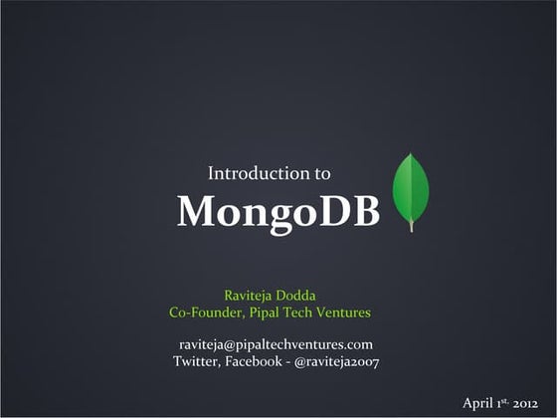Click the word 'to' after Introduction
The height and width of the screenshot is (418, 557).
tap(321, 173)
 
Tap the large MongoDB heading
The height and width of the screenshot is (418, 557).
tap(278, 211)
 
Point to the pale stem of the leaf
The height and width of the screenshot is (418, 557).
tap(411, 226)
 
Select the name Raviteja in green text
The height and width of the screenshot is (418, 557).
tap(250, 295)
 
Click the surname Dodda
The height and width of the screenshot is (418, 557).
tap(296, 295)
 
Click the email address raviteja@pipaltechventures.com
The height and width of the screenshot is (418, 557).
tap(276, 343)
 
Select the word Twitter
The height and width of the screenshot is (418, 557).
tap(196, 361)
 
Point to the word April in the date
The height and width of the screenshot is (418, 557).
tap(478, 403)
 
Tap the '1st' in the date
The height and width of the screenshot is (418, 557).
tap(503, 402)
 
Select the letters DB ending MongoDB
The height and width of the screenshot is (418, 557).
tap(357, 211)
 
